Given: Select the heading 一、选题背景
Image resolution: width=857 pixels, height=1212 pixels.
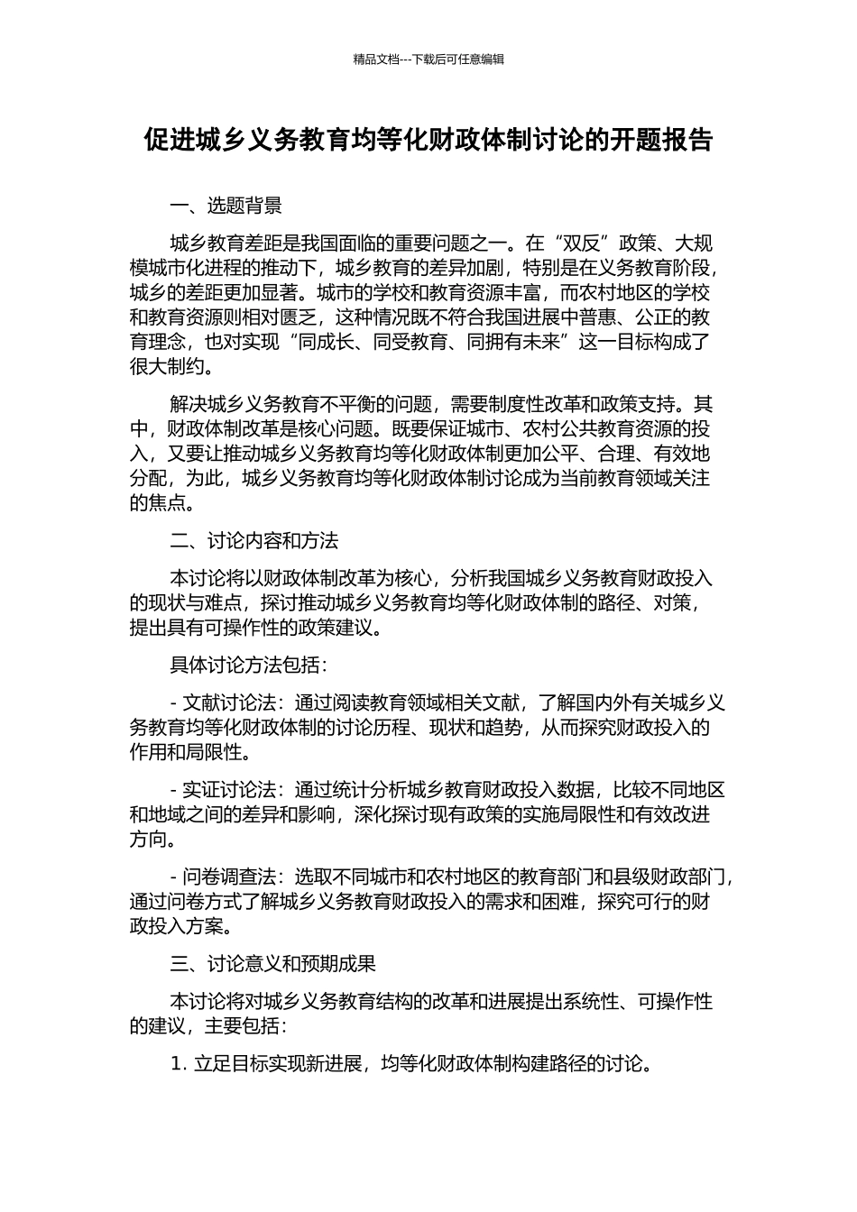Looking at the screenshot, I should pos(226,206).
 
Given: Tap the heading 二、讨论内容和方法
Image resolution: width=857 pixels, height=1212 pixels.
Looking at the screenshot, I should pos(253,541).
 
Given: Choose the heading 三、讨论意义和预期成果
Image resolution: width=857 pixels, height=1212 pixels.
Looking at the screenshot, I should pos(272,964).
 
